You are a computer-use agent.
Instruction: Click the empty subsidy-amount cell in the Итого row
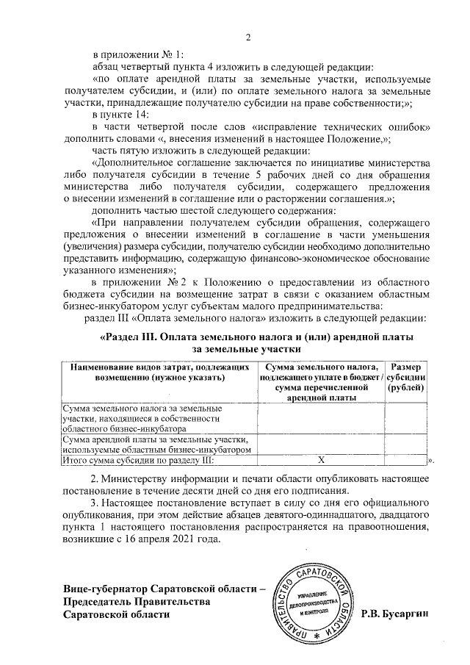406,460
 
